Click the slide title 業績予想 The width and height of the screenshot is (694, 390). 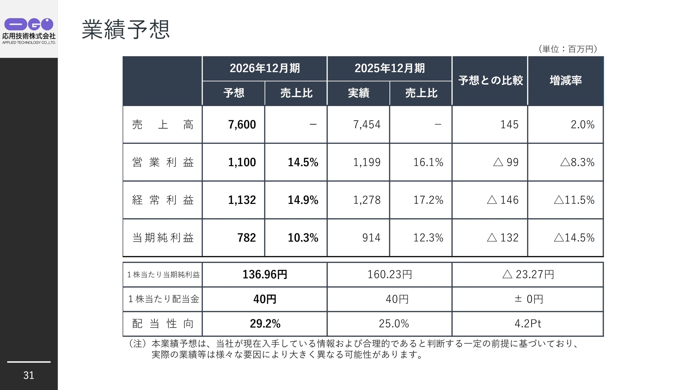coord(126,29)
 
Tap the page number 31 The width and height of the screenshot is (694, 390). coord(29,375)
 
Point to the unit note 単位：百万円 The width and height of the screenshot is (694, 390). coord(568,49)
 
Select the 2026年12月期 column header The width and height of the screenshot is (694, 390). coord(265,68)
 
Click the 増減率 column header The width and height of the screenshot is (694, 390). coord(566,80)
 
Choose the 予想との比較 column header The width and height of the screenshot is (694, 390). coord(490,80)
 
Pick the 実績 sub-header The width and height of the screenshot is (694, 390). coord(359,93)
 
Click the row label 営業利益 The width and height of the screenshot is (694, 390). coord(163,162)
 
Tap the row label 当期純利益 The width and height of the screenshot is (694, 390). coord(163,238)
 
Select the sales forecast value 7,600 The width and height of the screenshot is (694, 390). coord(242,125)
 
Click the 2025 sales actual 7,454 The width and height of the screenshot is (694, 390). coord(367,125)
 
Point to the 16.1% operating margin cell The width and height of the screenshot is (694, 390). coord(428,162)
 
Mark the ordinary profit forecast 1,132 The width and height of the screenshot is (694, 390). coord(242,200)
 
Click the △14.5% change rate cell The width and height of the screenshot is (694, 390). coord(574,238)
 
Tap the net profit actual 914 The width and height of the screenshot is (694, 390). coord(371,238)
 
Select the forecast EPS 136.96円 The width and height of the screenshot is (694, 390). coord(265,274)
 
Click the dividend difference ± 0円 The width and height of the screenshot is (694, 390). coord(529,299)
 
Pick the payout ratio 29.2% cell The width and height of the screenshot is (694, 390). coord(265,324)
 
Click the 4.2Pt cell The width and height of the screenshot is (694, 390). coord(528,324)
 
